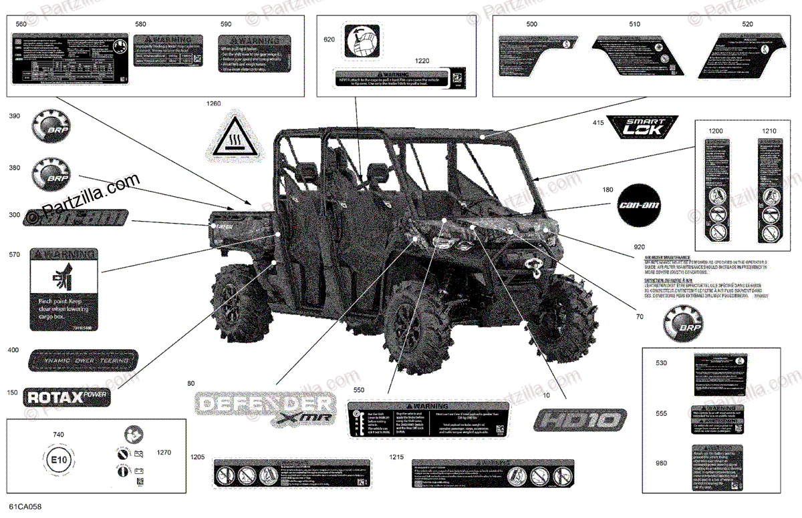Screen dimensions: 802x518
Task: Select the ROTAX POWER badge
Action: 65,397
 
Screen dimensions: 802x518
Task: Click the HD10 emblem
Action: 580,421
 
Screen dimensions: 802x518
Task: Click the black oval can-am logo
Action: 638,204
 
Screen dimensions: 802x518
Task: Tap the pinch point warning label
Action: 64,290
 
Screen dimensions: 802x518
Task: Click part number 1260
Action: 213,103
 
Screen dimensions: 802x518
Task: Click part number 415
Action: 597,123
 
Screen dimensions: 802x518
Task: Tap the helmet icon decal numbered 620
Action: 361,42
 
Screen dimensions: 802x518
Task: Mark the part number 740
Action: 58,435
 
